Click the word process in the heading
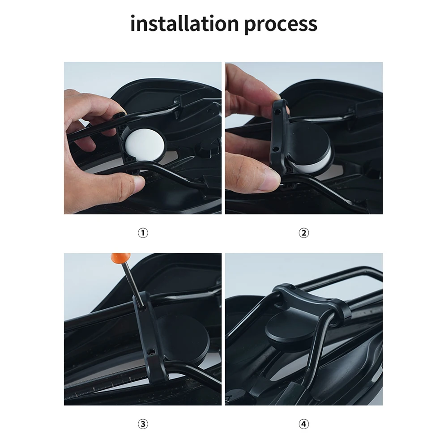click(281, 24)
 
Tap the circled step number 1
click(143, 233)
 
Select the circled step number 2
click(304, 233)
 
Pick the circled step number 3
click(143, 424)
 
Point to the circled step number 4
click(304, 424)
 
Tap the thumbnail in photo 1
click(135, 181)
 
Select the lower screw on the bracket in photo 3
click(152, 352)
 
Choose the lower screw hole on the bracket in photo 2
click(276, 149)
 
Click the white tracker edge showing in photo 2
click(320, 164)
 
